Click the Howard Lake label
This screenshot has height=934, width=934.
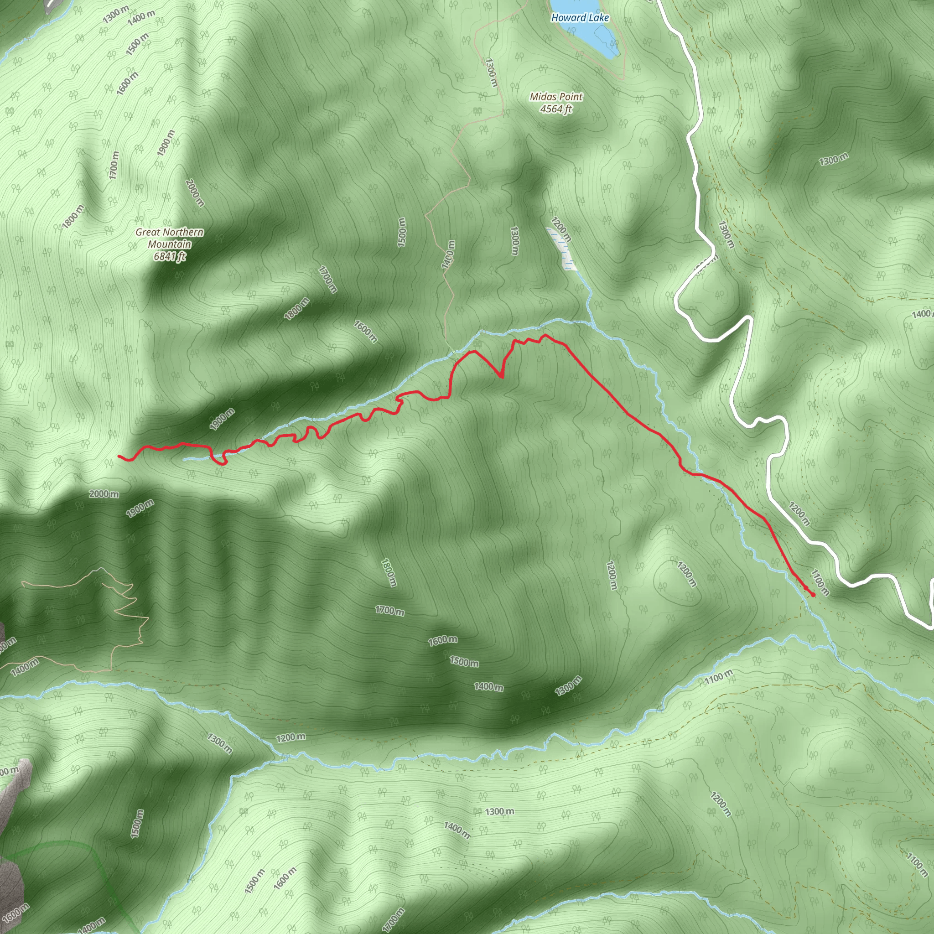pyautogui.click(x=580, y=18)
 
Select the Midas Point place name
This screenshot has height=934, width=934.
pyautogui.click(x=556, y=97)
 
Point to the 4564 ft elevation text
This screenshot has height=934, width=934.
pyautogui.click(x=556, y=109)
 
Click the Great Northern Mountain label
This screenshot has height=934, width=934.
pyautogui.click(x=169, y=239)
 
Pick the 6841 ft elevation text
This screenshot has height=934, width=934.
pyautogui.click(x=170, y=256)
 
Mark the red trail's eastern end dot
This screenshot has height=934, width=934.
pyautogui.click(x=813, y=595)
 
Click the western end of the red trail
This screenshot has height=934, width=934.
pyautogui.click(x=119, y=456)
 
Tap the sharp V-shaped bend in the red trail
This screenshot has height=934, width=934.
pyautogui.click(x=501, y=377)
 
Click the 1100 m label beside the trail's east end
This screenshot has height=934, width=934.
pyautogui.click(x=820, y=583)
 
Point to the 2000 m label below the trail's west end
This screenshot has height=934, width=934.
pyautogui.click(x=104, y=494)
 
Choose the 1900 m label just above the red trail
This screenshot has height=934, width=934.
pyautogui.click(x=223, y=419)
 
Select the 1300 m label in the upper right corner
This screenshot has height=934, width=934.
pyautogui.click(x=834, y=159)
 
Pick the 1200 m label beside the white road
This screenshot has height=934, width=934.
pyautogui.click(x=799, y=514)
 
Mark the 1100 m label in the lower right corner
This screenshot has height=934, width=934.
pyautogui.click(x=917, y=865)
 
